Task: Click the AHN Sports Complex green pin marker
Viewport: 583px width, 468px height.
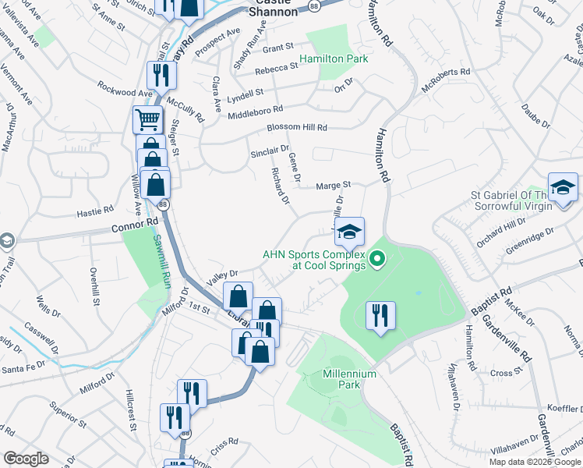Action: click(378, 258)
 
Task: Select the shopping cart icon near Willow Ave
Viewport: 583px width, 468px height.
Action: click(147, 120)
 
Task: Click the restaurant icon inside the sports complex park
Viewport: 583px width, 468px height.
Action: click(380, 315)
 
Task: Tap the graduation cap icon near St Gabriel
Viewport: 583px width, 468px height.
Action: click(562, 187)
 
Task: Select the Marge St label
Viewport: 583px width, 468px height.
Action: click(334, 186)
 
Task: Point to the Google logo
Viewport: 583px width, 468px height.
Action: click(26, 459)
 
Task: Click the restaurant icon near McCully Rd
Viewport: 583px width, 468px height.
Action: click(162, 75)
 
